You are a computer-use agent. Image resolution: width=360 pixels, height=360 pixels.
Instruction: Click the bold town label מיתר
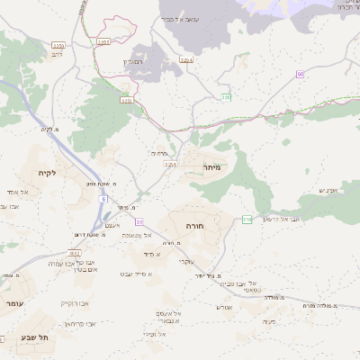point(211,167)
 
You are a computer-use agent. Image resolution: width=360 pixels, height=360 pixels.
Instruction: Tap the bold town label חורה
point(194,226)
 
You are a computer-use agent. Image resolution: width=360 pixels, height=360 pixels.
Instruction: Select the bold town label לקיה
point(47,172)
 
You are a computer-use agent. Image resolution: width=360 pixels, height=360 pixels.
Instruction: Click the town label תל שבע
point(34,337)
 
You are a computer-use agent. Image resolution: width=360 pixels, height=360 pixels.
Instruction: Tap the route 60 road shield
point(300,75)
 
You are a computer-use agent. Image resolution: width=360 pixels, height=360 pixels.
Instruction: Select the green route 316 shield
point(247,219)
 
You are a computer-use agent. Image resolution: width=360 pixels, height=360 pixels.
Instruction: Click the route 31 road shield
point(139,220)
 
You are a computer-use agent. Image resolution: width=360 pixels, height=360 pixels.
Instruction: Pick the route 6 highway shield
point(103,198)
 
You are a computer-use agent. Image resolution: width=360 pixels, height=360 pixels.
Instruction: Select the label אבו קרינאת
point(79,322)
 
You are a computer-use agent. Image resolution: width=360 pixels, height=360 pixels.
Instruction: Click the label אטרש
point(225,307)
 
